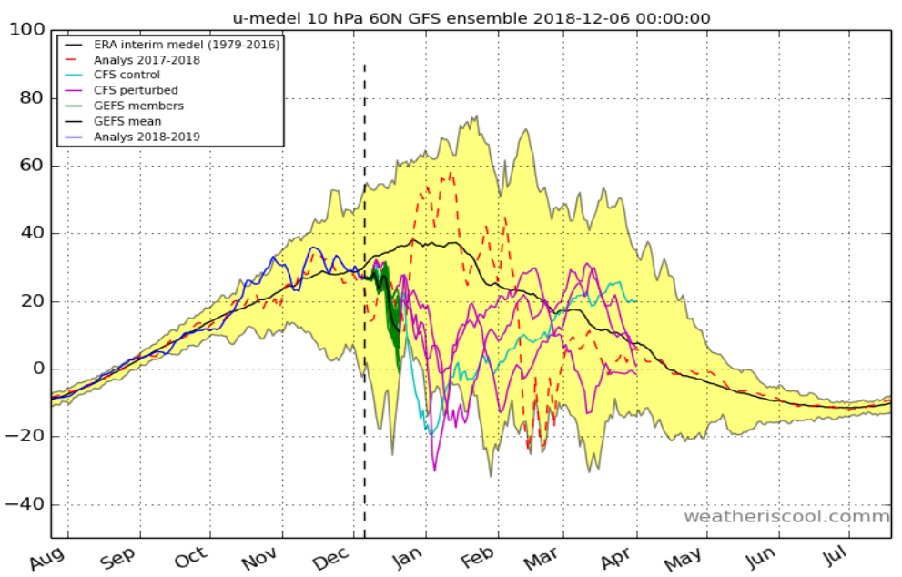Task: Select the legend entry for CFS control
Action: click(x=127, y=75)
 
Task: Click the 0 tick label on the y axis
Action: click(x=36, y=369)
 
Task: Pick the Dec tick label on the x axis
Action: click(x=332, y=557)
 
